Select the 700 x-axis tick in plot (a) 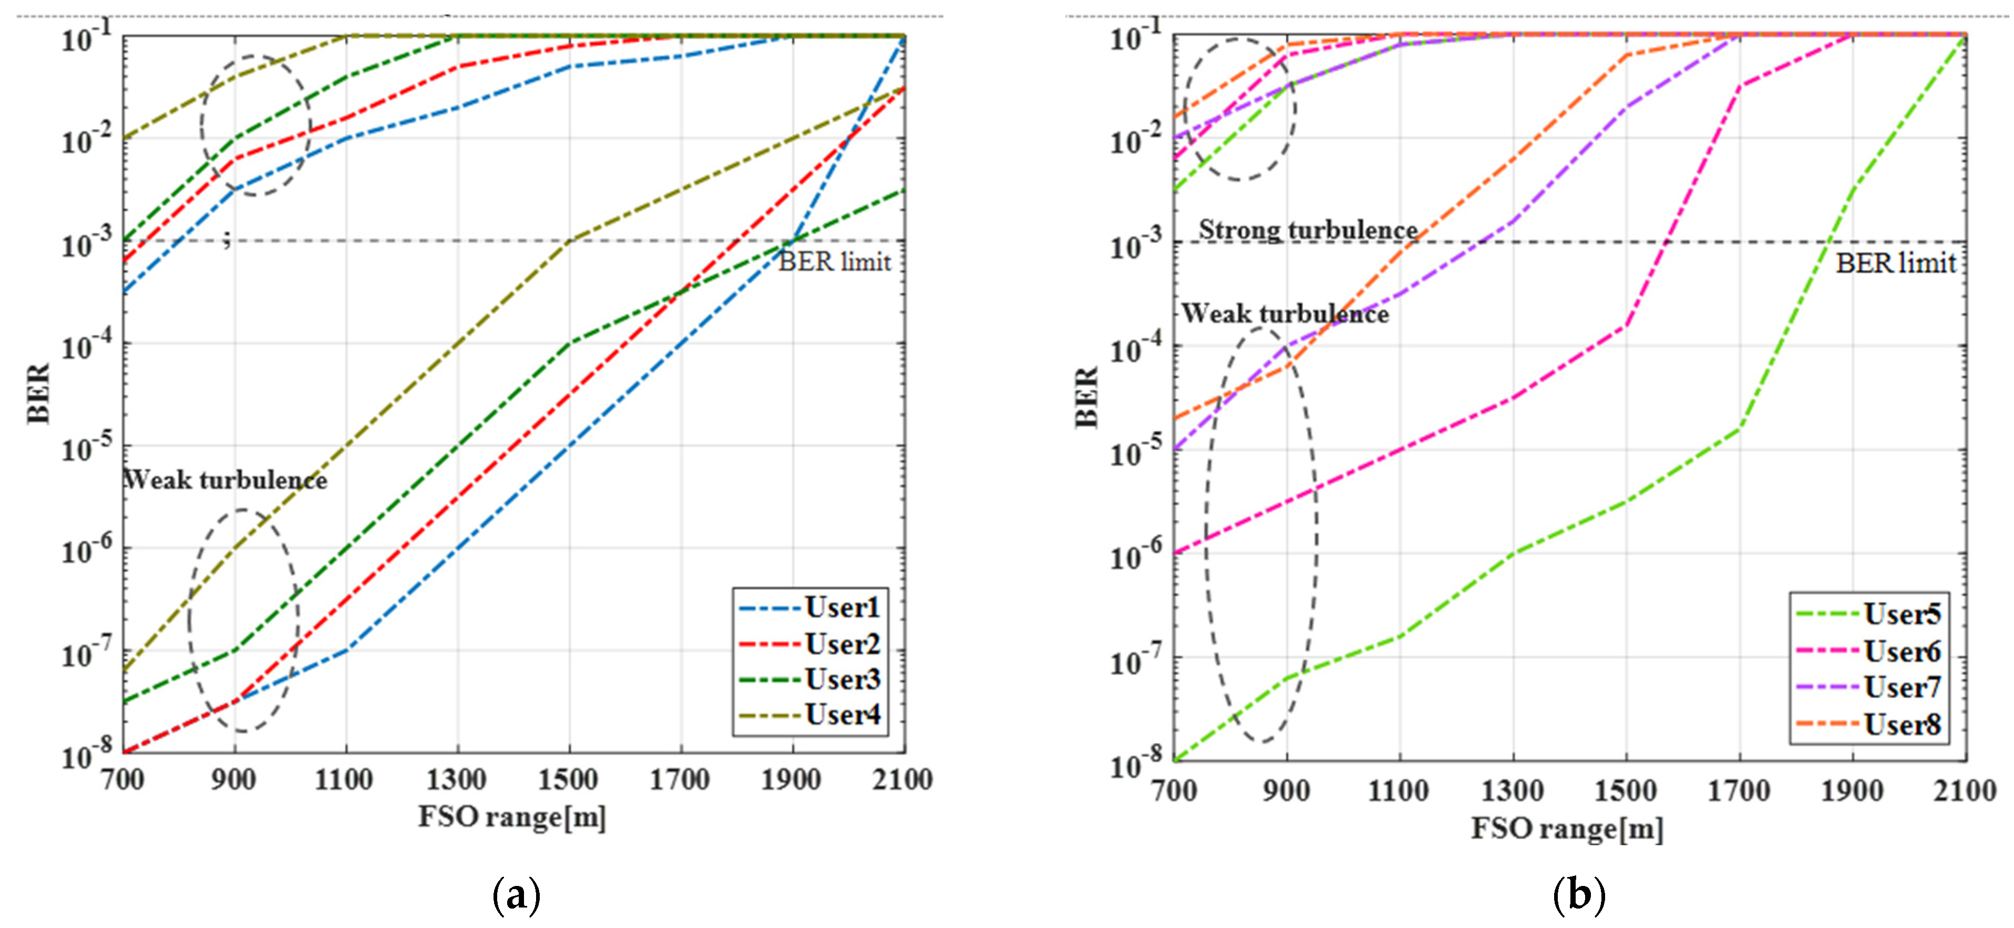123,779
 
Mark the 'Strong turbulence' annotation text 1308,230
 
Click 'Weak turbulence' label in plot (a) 225,479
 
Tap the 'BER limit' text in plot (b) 1895,263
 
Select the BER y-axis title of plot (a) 39,393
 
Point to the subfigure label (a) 517,896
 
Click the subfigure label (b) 1578,896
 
